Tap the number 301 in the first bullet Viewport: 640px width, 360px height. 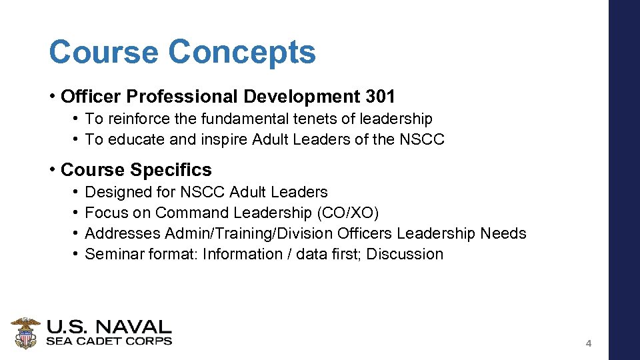[380, 97]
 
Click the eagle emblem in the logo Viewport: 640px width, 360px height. [25, 332]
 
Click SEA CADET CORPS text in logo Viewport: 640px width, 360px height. [109, 341]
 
